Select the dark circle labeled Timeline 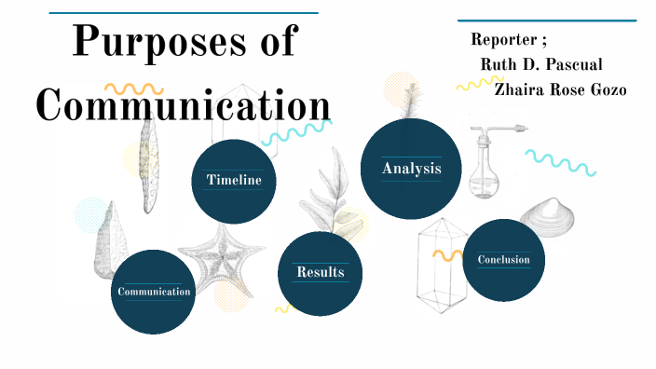234,181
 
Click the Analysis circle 411,169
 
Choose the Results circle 321,273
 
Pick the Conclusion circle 503,260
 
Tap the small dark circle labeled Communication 154,292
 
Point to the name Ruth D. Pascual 541,64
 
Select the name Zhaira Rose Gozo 560,89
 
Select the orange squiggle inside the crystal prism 447,253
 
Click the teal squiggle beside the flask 559,162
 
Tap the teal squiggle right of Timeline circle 295,133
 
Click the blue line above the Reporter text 547,20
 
